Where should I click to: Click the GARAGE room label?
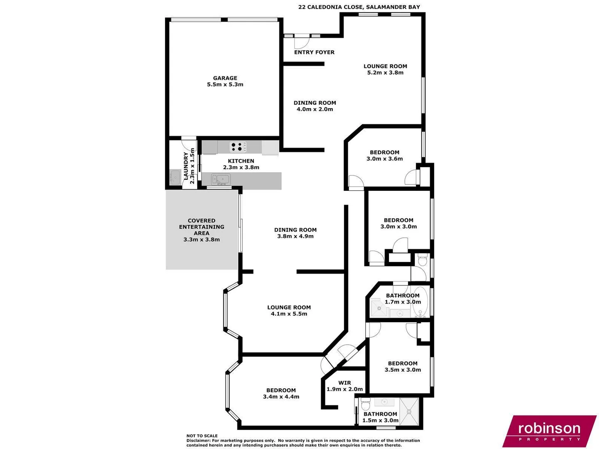(225, 78)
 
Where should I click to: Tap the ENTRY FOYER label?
(314, 52)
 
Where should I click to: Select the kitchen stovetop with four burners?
(238, 147)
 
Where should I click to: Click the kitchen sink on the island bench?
(221, 180)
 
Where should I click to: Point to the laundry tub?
(175, 176)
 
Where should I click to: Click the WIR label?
(344, 383)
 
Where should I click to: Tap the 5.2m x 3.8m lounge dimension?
(385, 73)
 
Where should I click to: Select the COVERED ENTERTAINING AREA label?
(201, 227)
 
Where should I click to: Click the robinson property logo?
(549, 431)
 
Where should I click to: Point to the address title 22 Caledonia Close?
(359, 7)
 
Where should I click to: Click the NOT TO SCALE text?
(202, 436)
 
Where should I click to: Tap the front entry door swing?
(300, 42)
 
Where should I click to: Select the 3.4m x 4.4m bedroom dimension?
(281, 397)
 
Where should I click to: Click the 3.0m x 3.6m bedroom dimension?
(384, 159)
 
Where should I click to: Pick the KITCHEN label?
(241, 161)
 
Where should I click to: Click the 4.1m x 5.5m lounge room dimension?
(289, 314)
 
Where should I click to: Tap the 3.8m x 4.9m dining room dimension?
(295, 236)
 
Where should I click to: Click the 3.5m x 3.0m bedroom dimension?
(403, 370)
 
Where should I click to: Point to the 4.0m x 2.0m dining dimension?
(314, 109)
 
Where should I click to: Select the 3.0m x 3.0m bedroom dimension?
(399, 227)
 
